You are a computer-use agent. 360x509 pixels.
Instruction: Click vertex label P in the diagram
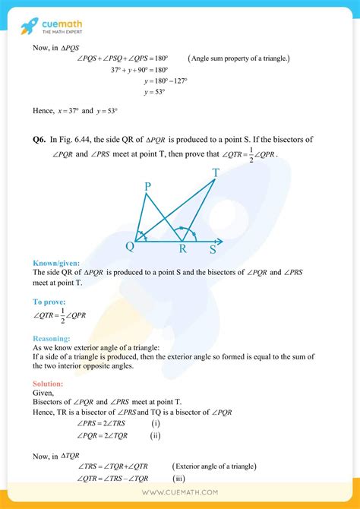147,185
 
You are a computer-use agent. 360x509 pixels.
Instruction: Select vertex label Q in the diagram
130,246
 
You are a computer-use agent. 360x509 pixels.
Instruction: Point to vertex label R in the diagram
182,248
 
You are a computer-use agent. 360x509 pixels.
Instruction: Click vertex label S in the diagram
213,248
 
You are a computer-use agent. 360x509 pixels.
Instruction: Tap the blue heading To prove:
50,302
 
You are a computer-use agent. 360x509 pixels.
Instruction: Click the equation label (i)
156,422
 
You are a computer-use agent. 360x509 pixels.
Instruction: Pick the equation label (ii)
156,435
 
